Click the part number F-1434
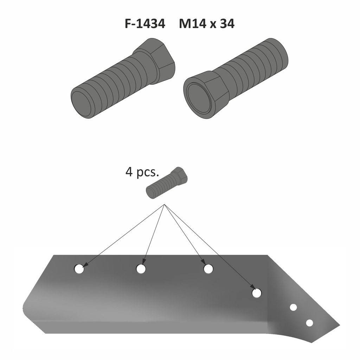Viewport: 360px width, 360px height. pos(145,24)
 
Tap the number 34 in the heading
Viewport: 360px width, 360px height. pos(227,24)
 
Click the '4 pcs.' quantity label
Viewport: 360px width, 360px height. pos(142,173)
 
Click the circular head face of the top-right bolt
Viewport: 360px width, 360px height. pos(199,97)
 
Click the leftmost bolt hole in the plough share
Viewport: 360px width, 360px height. pos(79,269)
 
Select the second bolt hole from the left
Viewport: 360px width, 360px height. pos(141,269)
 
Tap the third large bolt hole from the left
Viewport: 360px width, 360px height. pos(208,269)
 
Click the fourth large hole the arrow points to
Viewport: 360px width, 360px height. pos(257,292)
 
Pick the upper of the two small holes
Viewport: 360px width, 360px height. pos(293,307)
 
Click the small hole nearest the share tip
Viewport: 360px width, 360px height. pos(309,323)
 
